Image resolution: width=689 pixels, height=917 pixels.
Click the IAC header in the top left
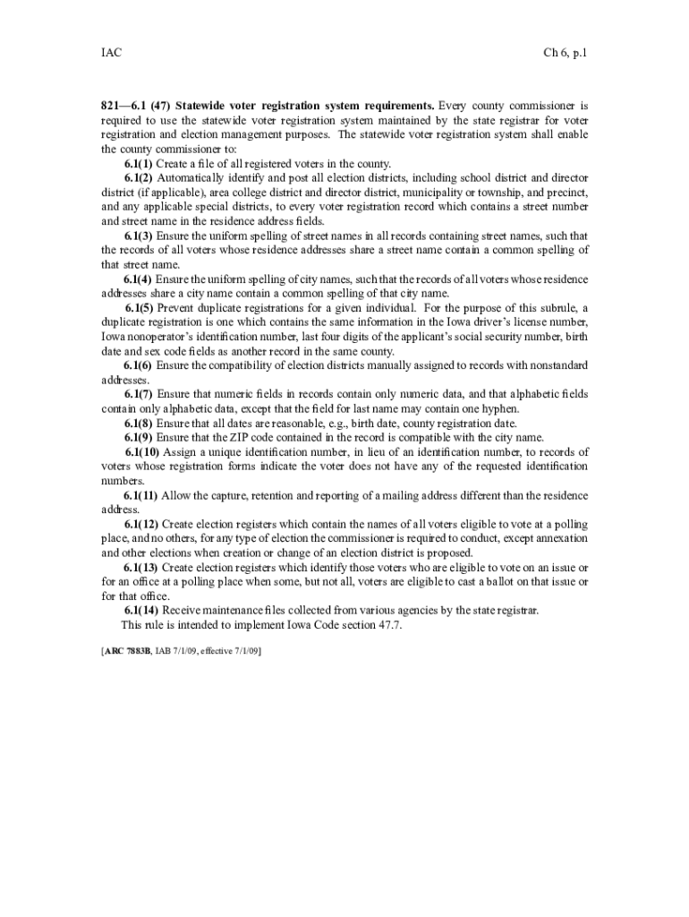pyautogui.click(x=111, y=53)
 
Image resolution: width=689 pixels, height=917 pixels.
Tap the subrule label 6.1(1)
pyautogui.click(x=139, y=164)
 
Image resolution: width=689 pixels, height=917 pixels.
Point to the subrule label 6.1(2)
pyautogui.click(x=139, y=178)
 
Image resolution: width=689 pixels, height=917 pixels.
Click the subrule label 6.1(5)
pyautogui.click(x=139, y=308)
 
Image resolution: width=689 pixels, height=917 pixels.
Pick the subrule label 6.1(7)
pyautogui.click(x=139, y=394)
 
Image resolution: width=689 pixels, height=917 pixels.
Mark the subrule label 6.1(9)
pyautogui.click(x=139, y=437)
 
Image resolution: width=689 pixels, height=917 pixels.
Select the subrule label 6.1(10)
pyautogui.click(x=142, y=451)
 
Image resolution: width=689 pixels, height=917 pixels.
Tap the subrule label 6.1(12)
pyautogui.click(x=142, y=524)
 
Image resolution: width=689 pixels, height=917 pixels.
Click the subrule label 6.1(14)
pyautogui.click(x=142, y=611)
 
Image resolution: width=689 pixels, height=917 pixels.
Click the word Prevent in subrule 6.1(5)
pyautogui.click(x=177, y=308)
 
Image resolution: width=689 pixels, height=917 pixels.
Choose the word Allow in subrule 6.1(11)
pyautogui.click(x=179, y=495)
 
